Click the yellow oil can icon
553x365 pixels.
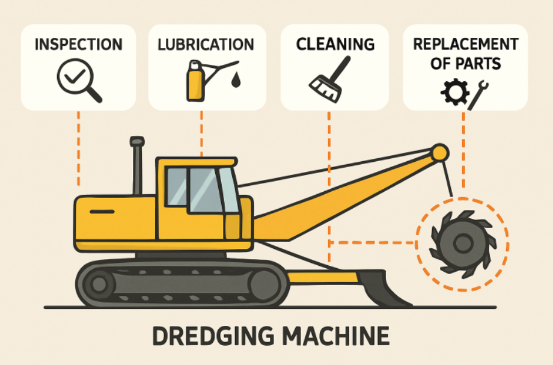(195, 81)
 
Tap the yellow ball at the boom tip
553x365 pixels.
(440, 152)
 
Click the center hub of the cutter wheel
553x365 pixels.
(462, 244)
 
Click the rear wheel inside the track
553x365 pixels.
(100, 283)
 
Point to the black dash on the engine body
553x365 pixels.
(102, 211)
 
